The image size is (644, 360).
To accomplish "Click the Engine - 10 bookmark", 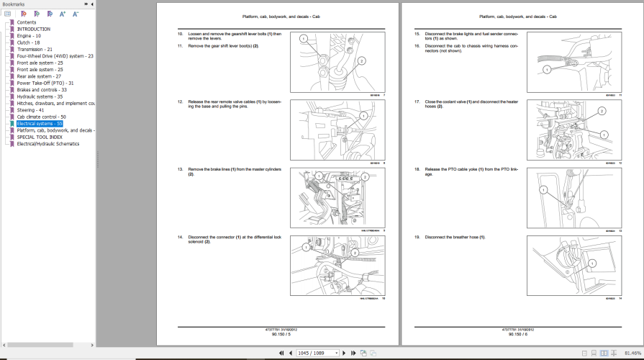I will point(29,35).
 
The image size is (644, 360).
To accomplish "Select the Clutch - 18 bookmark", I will point(29,42).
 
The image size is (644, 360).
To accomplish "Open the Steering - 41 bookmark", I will point(30,110).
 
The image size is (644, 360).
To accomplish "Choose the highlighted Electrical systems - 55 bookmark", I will point(40,124).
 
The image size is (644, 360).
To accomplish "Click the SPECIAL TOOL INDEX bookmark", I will point(40,137).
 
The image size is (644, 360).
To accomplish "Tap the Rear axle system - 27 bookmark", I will point(39,76).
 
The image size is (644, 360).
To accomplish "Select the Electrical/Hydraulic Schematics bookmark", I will point(48,144).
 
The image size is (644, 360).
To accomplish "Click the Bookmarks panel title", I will point(14,4).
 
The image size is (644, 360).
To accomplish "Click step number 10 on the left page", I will point(181,34).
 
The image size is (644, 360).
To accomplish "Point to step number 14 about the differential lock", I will point(181,237).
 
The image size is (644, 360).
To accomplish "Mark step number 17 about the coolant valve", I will point(417,102).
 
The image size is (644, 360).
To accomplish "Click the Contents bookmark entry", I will point(27,22).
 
